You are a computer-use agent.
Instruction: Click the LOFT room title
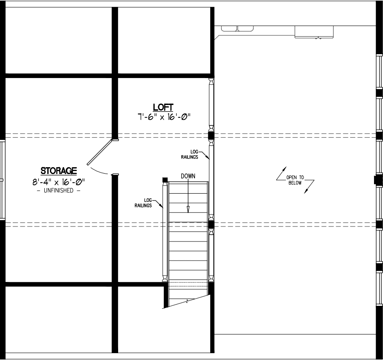pos(163,107)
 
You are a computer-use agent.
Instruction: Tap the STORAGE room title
pos(58,171)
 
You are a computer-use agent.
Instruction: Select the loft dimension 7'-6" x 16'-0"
pos(164,117)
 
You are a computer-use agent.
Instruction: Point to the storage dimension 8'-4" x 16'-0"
pos(58,182)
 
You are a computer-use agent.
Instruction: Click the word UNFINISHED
pos(58,191)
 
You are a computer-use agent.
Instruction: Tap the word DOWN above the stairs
pos(188,176)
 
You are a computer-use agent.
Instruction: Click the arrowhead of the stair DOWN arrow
pos(188,209)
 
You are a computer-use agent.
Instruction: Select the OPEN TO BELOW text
pos(295,180)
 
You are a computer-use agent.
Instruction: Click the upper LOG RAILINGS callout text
pos(190,154)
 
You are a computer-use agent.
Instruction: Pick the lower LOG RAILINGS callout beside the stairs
pos(143,203)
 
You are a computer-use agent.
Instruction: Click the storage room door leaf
pos(100,152)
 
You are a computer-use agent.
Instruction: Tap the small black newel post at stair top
pos(165,180)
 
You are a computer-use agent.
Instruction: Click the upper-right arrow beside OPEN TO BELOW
pos(281,174)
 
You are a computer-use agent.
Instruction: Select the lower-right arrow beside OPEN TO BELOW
pos(309,187)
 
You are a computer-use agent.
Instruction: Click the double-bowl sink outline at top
pos(238,29)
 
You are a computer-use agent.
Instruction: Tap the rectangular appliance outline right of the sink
pos(314,32)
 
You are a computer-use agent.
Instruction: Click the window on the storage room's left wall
pos(2,180)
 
